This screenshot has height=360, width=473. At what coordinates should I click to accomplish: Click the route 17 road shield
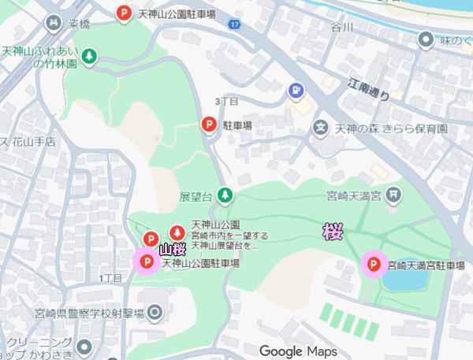(x=234, y=26)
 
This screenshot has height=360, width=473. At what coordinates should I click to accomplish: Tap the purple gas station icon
(x=296, y=91)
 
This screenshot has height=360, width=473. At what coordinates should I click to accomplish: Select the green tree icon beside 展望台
(x=226, y=194)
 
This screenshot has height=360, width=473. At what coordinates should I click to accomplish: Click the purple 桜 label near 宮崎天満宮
(x=333, y=231)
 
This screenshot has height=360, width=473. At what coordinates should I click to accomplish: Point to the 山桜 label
(x=173, y=250)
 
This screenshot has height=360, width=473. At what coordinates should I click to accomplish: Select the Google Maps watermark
(x=298, y=351)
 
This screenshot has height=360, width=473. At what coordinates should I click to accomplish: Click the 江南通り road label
(x=369, y=88)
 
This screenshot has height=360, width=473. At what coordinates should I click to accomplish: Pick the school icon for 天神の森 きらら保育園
(x=320, y=127)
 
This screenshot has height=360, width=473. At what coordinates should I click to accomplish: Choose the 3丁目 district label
(x=227, y=101)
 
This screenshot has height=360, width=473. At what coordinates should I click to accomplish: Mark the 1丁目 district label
(x=110, y=278)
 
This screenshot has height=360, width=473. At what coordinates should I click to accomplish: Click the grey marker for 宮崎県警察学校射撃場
(x=155, y=313)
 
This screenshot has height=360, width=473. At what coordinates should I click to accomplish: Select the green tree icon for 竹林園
(x=90, y=55)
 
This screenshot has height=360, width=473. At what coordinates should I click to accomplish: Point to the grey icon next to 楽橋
(x=54, y=24)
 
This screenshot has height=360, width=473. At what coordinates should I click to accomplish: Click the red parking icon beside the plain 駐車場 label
(x=208, y=124)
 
